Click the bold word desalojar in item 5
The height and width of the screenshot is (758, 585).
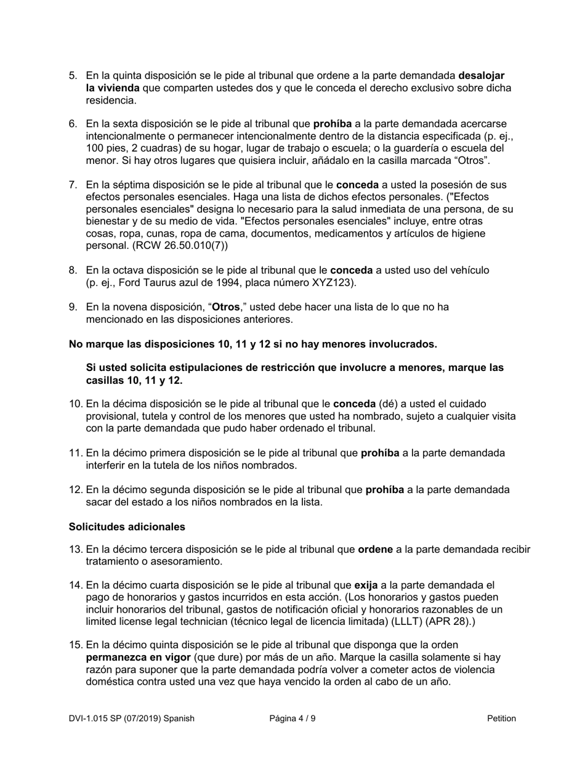pos(482,76)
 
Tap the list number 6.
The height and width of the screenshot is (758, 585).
pos(73,124)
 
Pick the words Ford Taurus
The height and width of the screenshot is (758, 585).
pos(137,283)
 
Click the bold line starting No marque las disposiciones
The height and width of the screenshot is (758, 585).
pos(252,343)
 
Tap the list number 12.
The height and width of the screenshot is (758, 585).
pos(75,490)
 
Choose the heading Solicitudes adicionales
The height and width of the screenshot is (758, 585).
pos(127,528)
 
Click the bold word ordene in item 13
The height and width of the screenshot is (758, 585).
pos(375,550)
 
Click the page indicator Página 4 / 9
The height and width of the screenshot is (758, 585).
pos(292,719)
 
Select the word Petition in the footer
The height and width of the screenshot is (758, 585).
pos(501,719)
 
